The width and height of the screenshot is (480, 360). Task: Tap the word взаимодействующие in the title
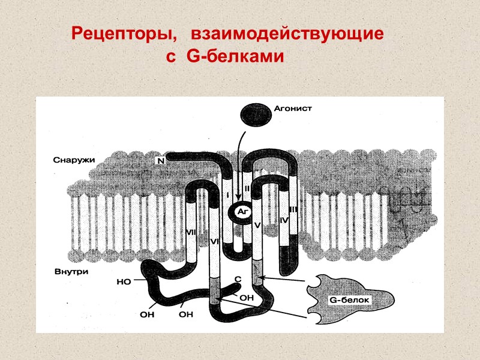(x=287, y=34)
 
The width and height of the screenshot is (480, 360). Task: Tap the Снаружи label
(x=71, y=160)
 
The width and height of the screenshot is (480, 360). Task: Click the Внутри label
(x=70, y=271)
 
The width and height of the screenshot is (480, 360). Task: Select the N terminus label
(x=160, y=161)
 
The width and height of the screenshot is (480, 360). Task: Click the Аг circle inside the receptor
(x=240, y=212)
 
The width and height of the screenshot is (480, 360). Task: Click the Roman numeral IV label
(x=285, y=221)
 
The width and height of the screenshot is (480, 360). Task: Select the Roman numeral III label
(x=293, y=209)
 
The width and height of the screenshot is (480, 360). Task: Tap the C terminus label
(x=238, y=279)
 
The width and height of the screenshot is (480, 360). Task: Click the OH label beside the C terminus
(x=247, y=297)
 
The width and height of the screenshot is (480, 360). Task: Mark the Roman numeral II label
(x=247, y=190)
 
